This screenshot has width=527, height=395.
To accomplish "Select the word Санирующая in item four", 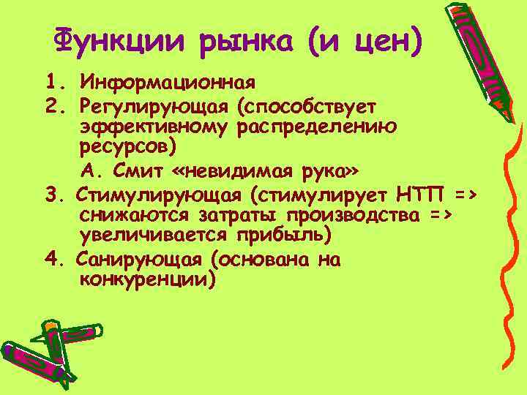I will (143, 260).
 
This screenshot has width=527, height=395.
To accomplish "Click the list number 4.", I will (52, 260).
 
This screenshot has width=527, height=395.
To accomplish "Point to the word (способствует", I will (306, 107).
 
